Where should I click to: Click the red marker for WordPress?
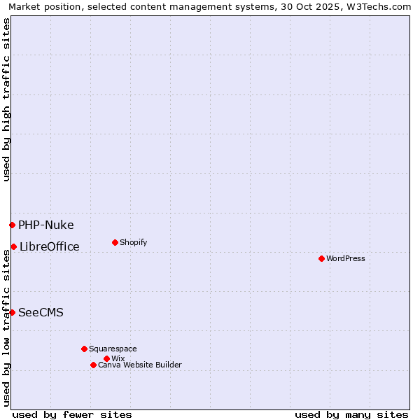click(x=321, y=258)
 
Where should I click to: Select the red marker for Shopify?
click(x=115, y=242)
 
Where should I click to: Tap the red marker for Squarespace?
click(x=84, y=349)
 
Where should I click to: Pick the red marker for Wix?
click(x=106, y=358)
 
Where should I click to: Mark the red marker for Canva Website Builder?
click(x=93, y=365)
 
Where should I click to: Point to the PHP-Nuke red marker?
click(x=12, y=225)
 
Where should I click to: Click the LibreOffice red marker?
click(x=13, y=246)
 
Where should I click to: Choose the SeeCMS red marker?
click(x=12, y=312)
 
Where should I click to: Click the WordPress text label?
click(x=346, y=258)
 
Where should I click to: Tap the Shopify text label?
click(x=134, y=242)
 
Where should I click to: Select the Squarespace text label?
click(x=113, y=349)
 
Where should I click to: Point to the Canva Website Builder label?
click(x=140, y=365)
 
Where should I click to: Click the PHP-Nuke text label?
click(x=46, y=225)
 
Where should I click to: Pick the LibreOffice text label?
click(x=50, y=246)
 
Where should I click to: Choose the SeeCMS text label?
click(x=41, y=312)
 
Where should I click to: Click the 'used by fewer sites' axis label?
click(x=72, y=414)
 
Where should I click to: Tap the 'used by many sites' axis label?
click(x=351, y=414)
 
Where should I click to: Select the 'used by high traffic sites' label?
click(x=6, y=99)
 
